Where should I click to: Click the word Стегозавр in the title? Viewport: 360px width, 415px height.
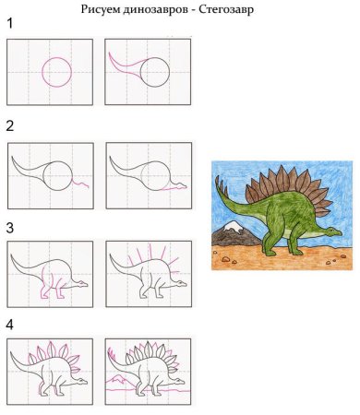click(226, 9)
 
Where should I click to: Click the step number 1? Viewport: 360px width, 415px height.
click(10, 23)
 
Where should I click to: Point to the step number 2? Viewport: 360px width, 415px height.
click(10, 126)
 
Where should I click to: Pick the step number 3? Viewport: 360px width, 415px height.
click(10, 228)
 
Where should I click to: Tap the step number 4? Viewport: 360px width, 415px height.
click(10, 325)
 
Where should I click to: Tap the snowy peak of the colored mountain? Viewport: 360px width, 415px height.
click(233, 226)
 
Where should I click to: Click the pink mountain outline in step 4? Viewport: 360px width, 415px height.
click(116, 379)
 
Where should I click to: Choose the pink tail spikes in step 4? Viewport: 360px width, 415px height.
click(112, 353)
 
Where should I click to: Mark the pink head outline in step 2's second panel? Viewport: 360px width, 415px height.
click(174, 187)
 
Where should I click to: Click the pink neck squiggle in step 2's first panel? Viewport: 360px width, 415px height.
click(80, 183)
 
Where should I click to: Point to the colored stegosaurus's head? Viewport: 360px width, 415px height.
click(332, 231)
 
